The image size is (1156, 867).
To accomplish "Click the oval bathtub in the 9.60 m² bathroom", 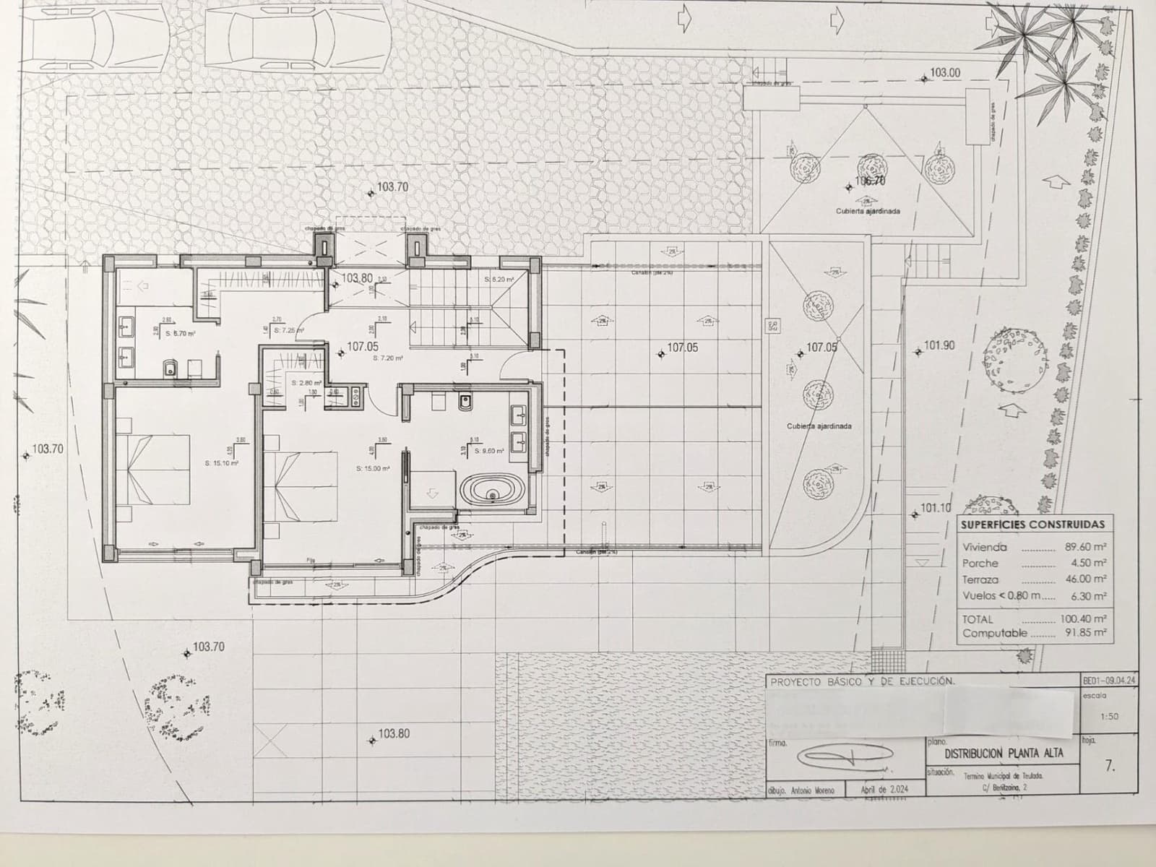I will pos(492,492).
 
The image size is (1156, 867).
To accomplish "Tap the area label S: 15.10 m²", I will pos(221,463).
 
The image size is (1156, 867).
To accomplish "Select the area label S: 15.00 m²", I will pos(373,468).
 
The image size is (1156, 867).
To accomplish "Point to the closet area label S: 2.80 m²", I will pos(306,383).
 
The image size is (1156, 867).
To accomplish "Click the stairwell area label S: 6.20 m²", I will pos(499,279).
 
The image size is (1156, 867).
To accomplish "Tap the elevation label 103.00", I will pos(945,72).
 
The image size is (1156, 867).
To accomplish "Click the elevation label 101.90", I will pos(939,345).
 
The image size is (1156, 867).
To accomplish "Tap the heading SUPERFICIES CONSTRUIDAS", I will pos(1032,525).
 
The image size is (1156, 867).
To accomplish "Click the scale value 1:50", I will pos(1108,717).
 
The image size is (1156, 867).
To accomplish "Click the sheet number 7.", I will pos(1110,767).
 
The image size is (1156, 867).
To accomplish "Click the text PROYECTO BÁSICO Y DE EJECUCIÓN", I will pos(862,681).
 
